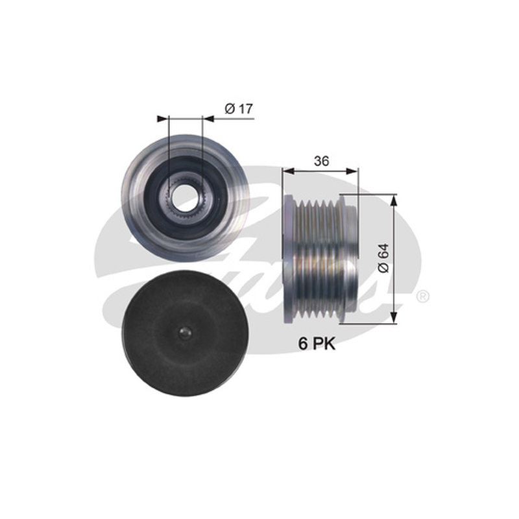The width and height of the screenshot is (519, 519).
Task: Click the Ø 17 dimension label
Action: [x=239, y=108]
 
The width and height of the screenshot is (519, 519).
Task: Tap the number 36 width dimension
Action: [x=321, y=161]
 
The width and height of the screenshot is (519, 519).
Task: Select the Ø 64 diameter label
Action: [x=383, y=258]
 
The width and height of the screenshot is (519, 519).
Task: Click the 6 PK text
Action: [x=317, y=344]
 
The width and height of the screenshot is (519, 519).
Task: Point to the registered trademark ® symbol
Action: [x=422, y=296]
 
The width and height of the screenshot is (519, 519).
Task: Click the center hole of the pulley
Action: [x=185, y=199]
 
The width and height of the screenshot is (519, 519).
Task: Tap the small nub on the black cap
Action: [x=185, y=333]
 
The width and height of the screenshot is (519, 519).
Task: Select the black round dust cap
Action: [x=185, y=334]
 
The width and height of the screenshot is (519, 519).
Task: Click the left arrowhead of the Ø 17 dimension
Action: [x=163, y=119]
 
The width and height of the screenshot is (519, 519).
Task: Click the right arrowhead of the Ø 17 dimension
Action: [x=208, y=119]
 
